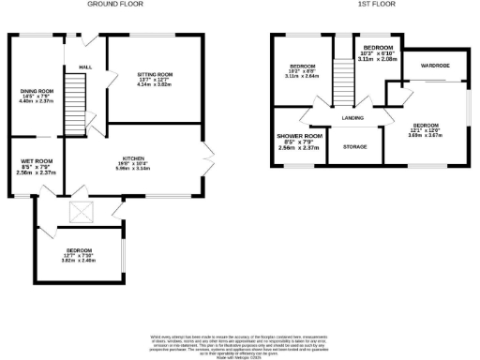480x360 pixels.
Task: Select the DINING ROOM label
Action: coord(38,91)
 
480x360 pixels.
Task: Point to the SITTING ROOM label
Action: coord(157,73)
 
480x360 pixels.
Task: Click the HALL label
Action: coord(85,67)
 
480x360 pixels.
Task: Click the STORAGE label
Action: coord(354,147)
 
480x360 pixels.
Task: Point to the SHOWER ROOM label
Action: coord(299,137)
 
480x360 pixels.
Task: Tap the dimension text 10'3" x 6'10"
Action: coord(377,52)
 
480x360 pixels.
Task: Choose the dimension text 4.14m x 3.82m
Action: coord(157,84)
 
